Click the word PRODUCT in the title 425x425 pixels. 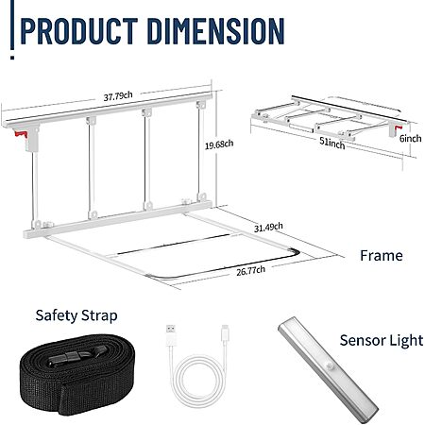point(78,31)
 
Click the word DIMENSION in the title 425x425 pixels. point(215,31)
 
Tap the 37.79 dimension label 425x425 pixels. point(118,96)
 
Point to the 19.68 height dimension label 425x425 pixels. point(219,144)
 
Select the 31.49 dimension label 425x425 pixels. point(268,227)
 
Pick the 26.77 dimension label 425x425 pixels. point(250,270)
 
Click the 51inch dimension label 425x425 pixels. point(332,144)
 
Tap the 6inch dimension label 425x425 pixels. point(410,138)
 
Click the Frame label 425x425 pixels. point(382,255)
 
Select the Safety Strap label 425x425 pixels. point(76,315)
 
